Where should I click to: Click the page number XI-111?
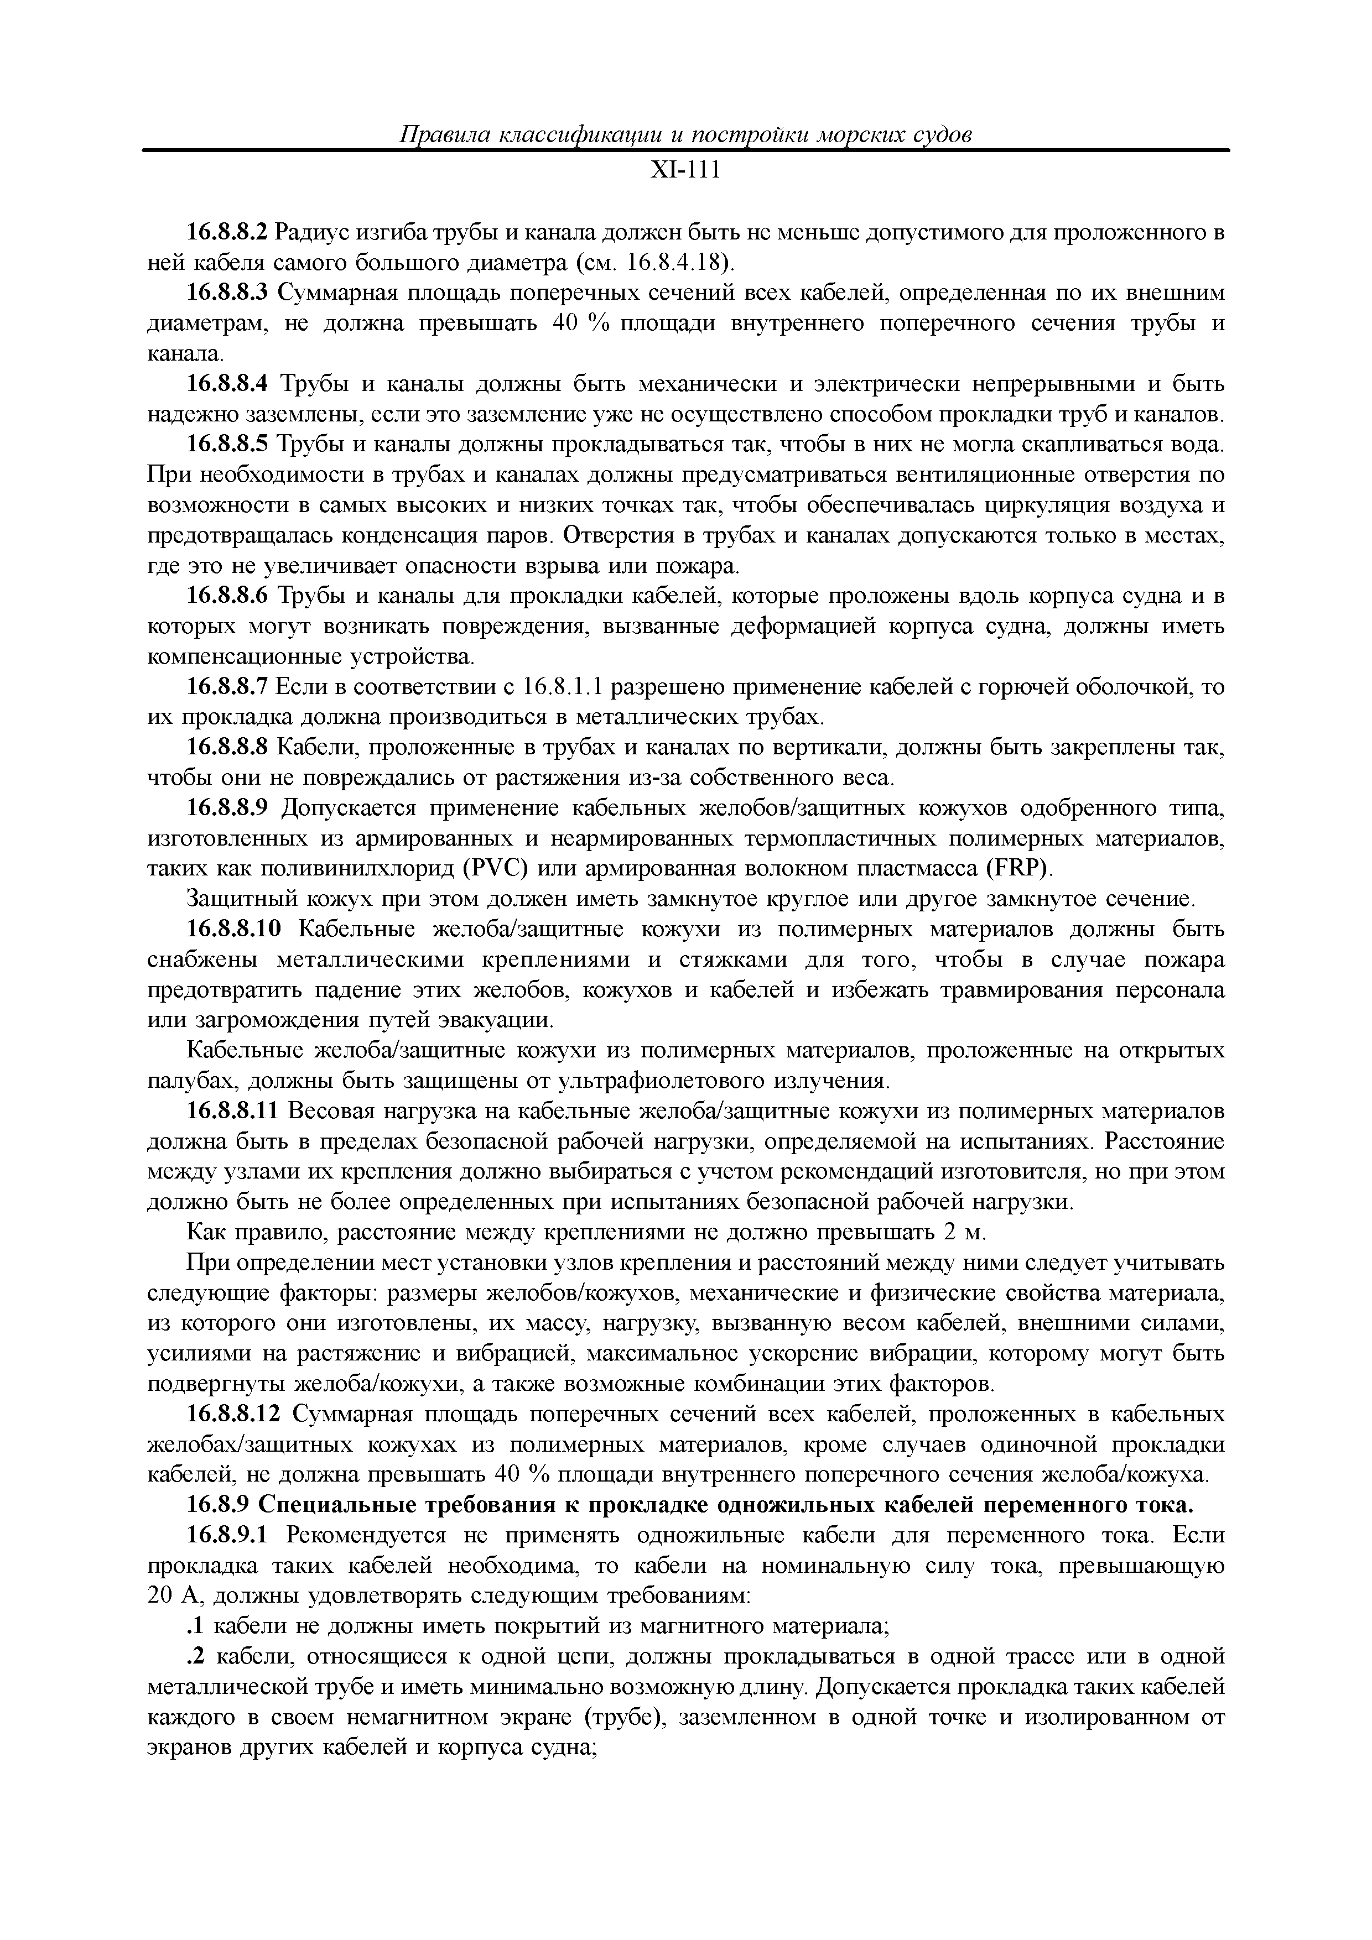click(x=685, y=171)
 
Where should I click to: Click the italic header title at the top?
click(x=685, y=135)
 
